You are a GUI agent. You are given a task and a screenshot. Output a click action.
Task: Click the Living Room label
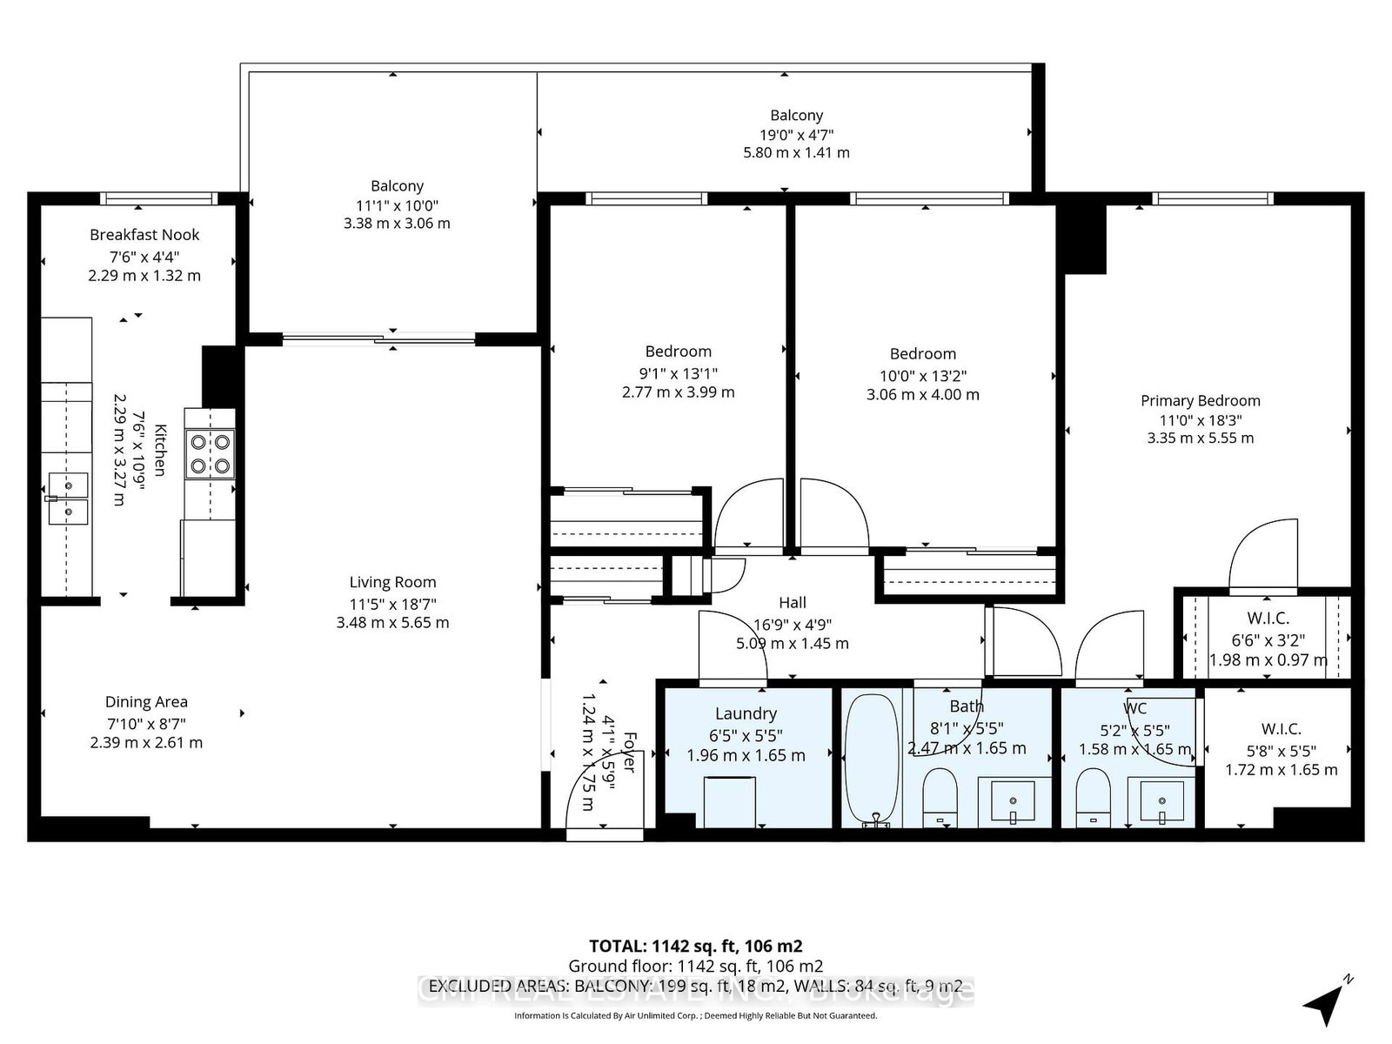[392, 582]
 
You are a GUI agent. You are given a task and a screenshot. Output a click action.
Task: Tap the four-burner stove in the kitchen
[210, 453]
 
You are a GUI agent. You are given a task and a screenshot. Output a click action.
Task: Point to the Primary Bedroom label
[1200, 400]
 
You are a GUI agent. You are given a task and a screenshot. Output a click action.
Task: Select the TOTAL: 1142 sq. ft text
[695, 946]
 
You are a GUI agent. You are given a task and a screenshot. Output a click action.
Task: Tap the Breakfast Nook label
[144, 235]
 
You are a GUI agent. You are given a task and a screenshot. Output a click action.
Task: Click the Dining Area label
[146, 702]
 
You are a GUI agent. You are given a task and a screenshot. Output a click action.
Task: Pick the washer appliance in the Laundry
[729, 801]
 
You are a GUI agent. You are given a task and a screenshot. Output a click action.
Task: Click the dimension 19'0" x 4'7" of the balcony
[796, 134]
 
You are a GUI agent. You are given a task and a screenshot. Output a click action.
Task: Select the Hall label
[792, 602]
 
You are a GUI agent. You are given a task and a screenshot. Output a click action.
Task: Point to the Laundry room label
[746, 713]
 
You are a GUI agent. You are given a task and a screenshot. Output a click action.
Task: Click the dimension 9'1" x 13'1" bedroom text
[678, 372]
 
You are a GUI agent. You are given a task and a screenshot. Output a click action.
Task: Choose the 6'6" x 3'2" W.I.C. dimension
[1268, 639]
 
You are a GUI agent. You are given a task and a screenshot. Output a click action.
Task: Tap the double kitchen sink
[68, 499]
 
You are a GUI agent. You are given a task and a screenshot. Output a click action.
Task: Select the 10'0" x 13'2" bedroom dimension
[922, 375]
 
